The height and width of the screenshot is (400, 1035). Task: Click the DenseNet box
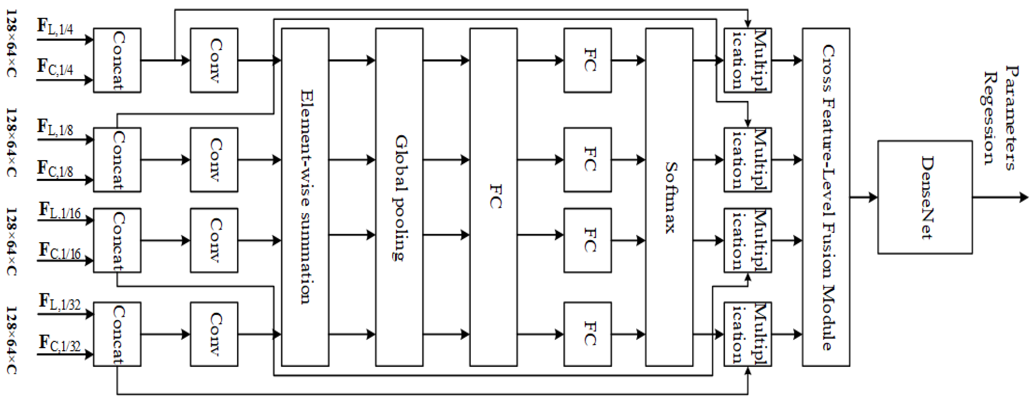(925, 197)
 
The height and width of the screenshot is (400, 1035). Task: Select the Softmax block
(669, 197)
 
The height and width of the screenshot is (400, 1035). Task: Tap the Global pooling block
(399, 197)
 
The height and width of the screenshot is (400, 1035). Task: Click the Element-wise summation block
(305, 197)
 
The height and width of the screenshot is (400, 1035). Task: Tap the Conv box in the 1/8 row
(214, 160)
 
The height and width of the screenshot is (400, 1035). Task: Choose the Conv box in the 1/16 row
(214, 240)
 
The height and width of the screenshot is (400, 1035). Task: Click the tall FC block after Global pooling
(493, 197)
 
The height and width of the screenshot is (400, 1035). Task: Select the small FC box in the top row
(587, 60)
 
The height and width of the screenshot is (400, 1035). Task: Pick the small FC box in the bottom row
(587, 334)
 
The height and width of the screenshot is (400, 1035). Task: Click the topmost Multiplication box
(747, 60)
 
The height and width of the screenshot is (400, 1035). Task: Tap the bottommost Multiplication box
(747, 334)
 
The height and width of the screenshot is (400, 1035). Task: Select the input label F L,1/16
(59, 210)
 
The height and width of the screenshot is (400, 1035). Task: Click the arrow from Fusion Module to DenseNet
(863, 197)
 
